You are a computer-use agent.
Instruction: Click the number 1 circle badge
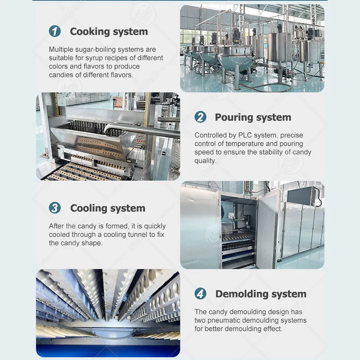click(x=55, y=31)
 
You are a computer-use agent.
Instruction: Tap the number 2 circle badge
click(x=200, y=117)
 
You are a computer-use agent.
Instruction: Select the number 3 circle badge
click(x=55, y=208)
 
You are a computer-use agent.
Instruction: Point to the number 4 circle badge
click(x=200, y=294)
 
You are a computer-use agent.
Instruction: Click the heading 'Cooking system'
click(x=109, y=31)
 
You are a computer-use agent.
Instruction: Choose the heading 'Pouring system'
click(x=252, y=117)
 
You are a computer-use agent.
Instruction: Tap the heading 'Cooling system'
click(x=108, y=208)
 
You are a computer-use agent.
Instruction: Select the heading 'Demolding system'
click(x=261, y=294)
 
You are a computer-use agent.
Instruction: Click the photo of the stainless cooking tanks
click(x=252, y=48)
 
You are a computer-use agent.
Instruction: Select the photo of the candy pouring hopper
click(x=108, y=136)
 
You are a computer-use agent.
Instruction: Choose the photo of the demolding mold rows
click(x=108, y=313)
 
